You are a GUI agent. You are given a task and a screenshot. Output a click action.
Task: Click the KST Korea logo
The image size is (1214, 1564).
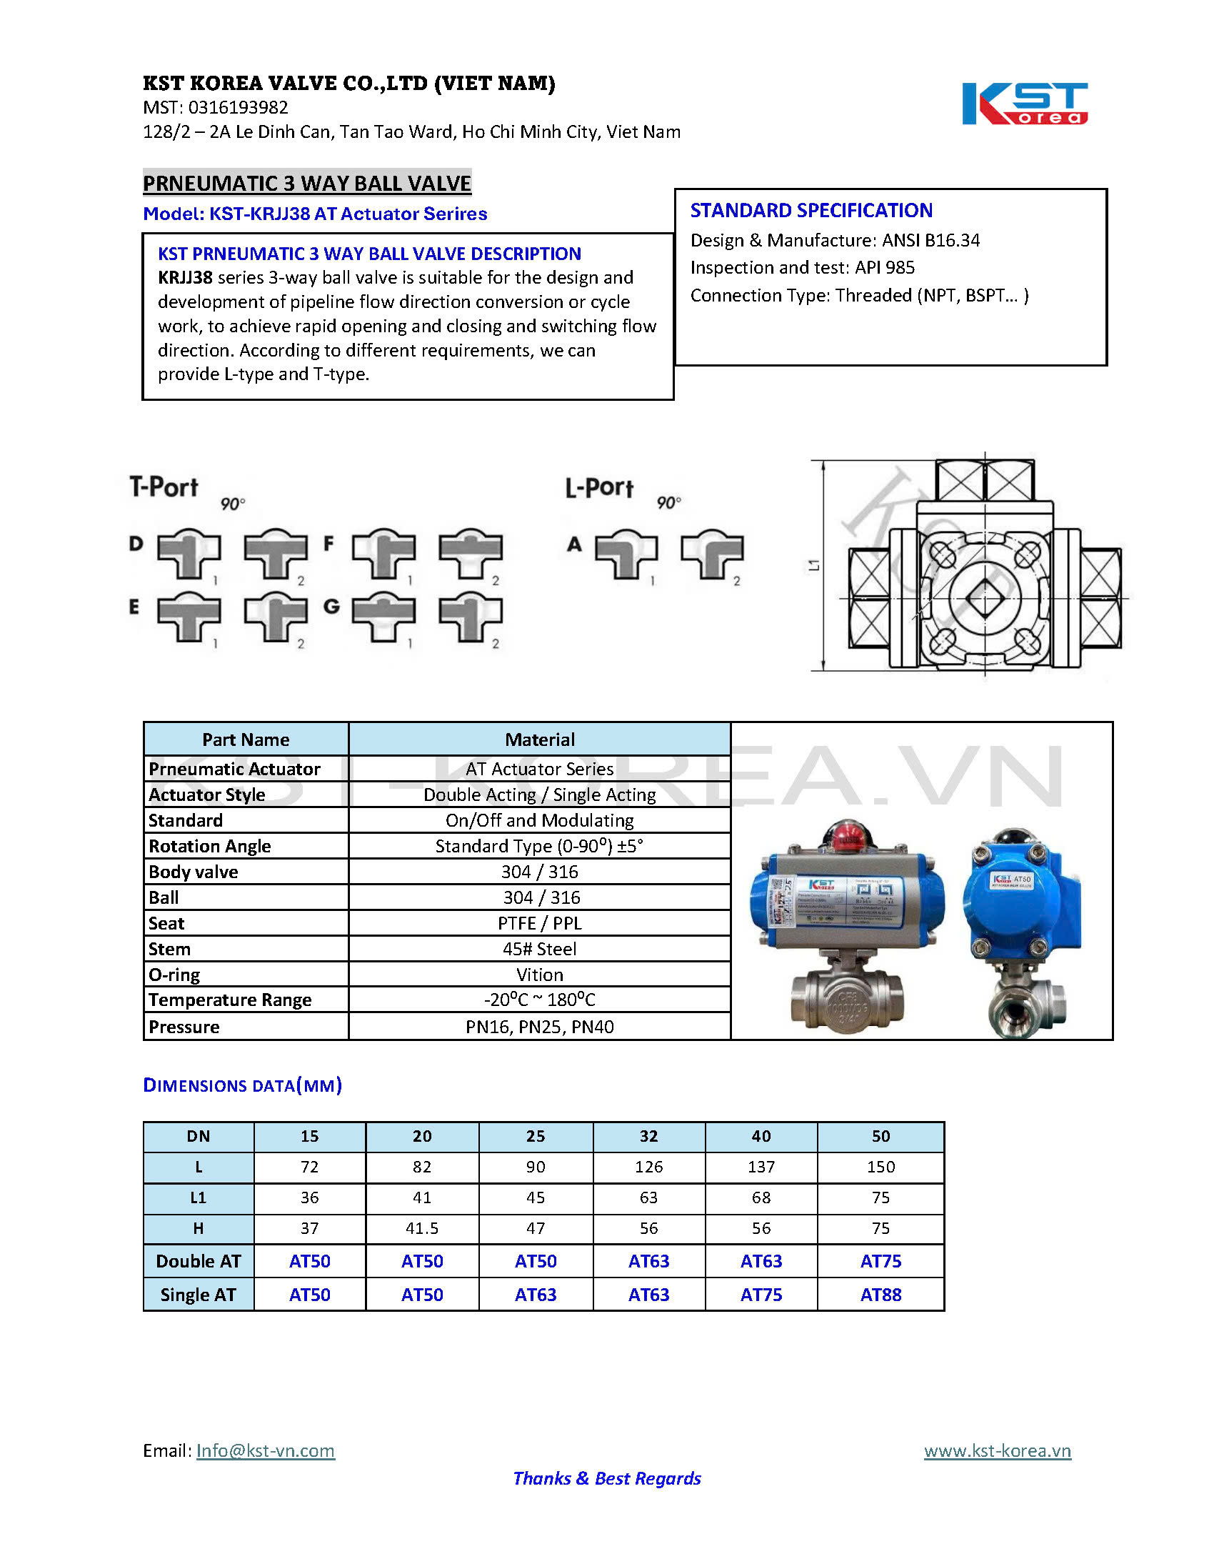click(1023, 104)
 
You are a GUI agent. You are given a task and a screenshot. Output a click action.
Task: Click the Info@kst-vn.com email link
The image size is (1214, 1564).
click(265, 1451)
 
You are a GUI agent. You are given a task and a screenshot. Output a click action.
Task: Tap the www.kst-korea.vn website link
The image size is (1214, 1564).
click(997, 1451)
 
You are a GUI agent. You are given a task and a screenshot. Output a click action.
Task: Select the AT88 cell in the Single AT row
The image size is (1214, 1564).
click(881, 1295)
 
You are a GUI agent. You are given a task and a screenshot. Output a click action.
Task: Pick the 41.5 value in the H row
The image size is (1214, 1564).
click(421, 1228)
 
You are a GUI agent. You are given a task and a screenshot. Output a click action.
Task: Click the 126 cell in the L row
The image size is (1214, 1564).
click(648, 1167)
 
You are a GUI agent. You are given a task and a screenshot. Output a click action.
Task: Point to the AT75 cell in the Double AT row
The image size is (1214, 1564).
click(881, 1261)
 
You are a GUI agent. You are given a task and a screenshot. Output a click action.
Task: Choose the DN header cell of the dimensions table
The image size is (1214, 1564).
click(199, 1137)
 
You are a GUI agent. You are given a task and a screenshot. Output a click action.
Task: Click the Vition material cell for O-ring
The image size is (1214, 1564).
click(540, 975)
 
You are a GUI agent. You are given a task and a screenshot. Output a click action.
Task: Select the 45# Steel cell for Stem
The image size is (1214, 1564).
click(540, 949)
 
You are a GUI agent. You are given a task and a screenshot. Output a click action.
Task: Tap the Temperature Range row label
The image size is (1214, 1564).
click(230, 1000)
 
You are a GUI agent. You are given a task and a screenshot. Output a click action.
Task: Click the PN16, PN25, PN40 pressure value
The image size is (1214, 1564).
click(540, 1027)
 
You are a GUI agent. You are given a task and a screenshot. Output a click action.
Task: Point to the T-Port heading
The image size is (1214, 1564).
click(164, 487)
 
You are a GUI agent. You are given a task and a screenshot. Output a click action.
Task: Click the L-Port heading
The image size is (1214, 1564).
click(599, 488)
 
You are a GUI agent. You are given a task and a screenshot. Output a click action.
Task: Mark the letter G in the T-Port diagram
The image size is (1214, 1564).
click(331, 607)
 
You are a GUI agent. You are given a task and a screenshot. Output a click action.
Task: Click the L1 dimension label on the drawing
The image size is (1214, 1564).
click(814, 566)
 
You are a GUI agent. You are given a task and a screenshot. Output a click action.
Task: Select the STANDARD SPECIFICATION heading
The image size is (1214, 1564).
click(811, 211)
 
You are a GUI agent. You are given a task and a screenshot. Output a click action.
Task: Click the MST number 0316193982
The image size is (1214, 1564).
click(238, 107)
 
